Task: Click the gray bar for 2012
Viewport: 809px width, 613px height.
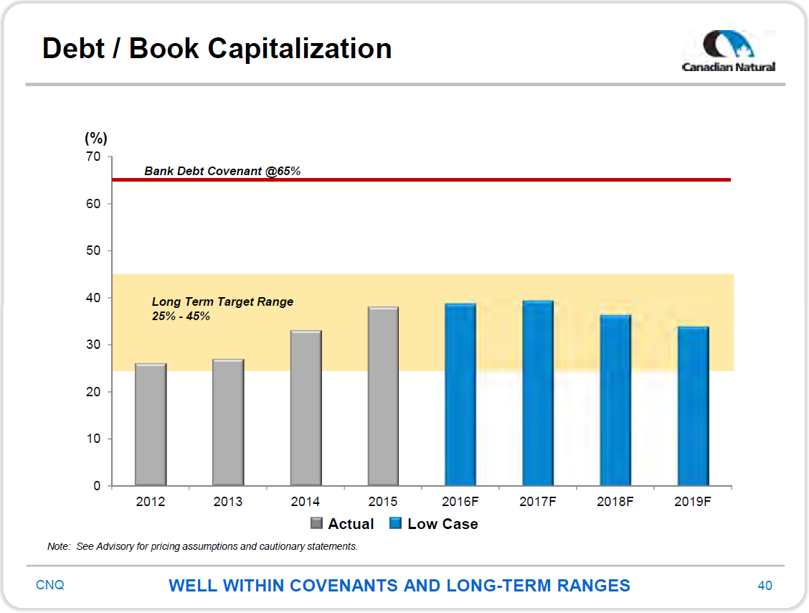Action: tap(151, 424)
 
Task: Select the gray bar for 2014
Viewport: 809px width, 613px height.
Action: tap(306, 408)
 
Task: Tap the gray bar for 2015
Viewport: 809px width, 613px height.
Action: tap(384, 396)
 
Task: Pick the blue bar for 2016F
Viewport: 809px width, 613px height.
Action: tap(460, 395)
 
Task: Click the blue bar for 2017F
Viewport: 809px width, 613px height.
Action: tap(538, 393)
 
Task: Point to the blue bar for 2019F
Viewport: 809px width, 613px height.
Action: tap(694, 406)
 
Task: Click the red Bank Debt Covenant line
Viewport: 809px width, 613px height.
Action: tap(422, 179)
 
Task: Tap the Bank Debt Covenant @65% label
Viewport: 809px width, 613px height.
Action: tap(222, 171)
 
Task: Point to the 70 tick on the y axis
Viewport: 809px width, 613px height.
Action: tap(93, 156)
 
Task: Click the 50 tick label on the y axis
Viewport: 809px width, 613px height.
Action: tap(93, 251)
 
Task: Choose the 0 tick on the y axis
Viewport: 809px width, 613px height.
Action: tap(97, 485)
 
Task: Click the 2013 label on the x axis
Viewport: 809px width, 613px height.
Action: tap(228, 502)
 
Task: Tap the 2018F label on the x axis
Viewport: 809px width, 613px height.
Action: tap(615, 502)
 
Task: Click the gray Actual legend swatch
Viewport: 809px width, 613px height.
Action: tap(317, 523)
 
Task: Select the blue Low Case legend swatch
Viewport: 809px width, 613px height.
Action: tap(396, 523)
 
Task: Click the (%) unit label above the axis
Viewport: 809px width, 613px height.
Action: tap(96, 138)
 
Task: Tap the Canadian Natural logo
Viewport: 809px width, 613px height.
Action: tap(729, 51)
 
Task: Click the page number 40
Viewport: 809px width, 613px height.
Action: tap(765, 585)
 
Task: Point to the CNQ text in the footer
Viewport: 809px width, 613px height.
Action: tap(50, 584)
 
